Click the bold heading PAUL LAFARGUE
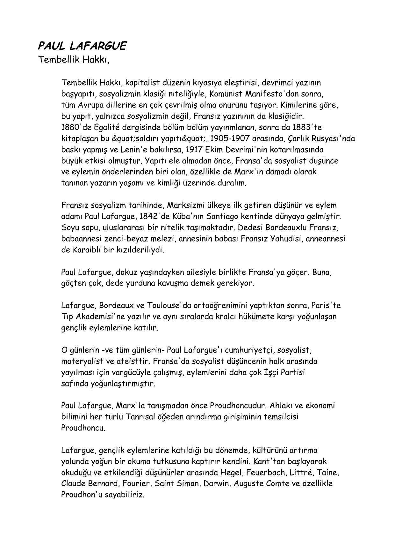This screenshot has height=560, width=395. (82, 46)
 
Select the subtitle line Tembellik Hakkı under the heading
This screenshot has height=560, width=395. (74, 60)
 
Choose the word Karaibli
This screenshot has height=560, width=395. (86, 250)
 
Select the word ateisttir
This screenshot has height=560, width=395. (134, 361)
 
